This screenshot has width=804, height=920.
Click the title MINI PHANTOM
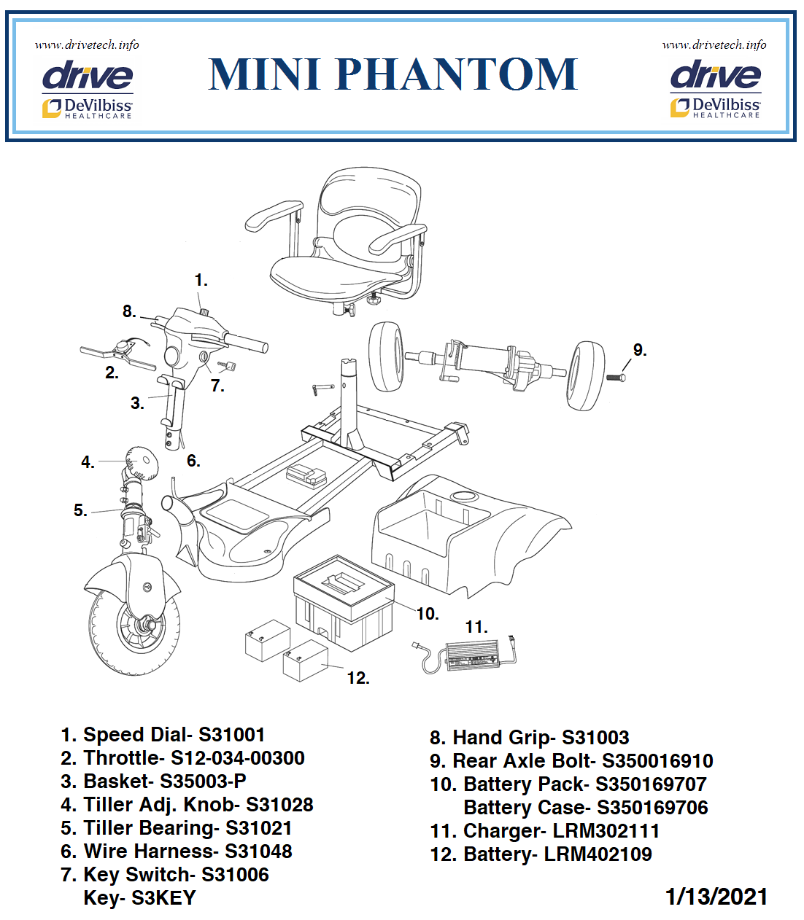coord(393,74)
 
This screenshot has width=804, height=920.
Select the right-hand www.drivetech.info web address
coord(714,44)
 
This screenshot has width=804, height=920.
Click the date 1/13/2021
coord(716,897)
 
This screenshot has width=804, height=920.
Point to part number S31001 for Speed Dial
coord(232,735)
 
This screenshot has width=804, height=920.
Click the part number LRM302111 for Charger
coord(606,831)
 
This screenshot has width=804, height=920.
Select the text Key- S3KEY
coord(140,898)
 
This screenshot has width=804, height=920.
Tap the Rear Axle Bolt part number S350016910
coord(657,761)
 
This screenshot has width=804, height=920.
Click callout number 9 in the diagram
coord(639,351)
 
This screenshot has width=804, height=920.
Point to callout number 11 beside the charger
coord(476,627)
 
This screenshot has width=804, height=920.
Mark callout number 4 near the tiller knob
coord(88,462)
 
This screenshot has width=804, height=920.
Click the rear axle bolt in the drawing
coord(615,377)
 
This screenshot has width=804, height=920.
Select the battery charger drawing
coord(471,654)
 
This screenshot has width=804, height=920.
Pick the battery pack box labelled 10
coord(343,601)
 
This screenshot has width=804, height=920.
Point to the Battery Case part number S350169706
coord(652,808)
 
